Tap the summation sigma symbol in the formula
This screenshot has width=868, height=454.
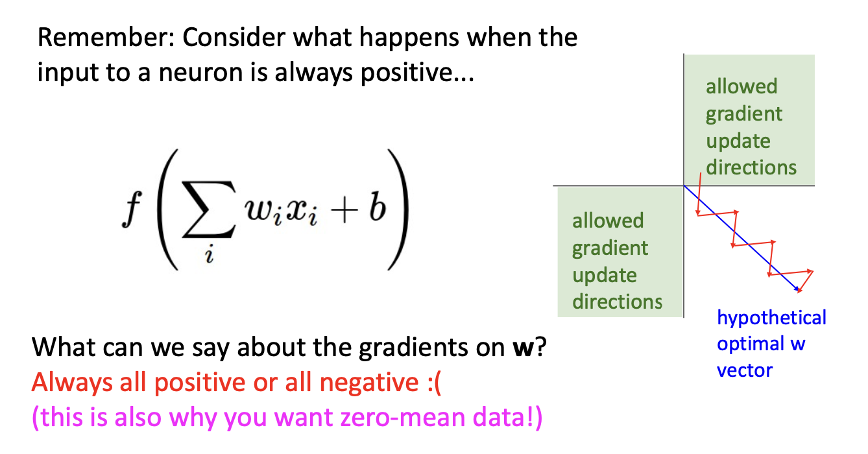tap(209, 209)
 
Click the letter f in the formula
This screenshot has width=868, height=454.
tap(132, 209)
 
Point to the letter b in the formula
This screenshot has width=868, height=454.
tap(378, 206)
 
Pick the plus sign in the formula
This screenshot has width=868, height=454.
tap(344, 211)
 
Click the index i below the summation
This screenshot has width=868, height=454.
tap(210, 254)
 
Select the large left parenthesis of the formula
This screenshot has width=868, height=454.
tap(167, 209)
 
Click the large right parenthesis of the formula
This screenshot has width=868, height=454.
tap(398, 209)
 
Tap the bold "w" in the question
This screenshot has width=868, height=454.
tap(523, 347)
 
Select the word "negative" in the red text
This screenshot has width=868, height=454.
tap(369, 383)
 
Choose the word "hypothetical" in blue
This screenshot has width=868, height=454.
tap(771, 318)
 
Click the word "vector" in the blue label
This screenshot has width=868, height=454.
tap(744, 371)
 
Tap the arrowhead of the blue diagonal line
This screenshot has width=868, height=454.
tap(797, 289)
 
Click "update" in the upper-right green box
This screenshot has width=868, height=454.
tap(738, 141)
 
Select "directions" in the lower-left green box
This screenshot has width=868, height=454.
tap(618, 302)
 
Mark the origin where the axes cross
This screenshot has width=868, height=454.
tap(684, 185)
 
